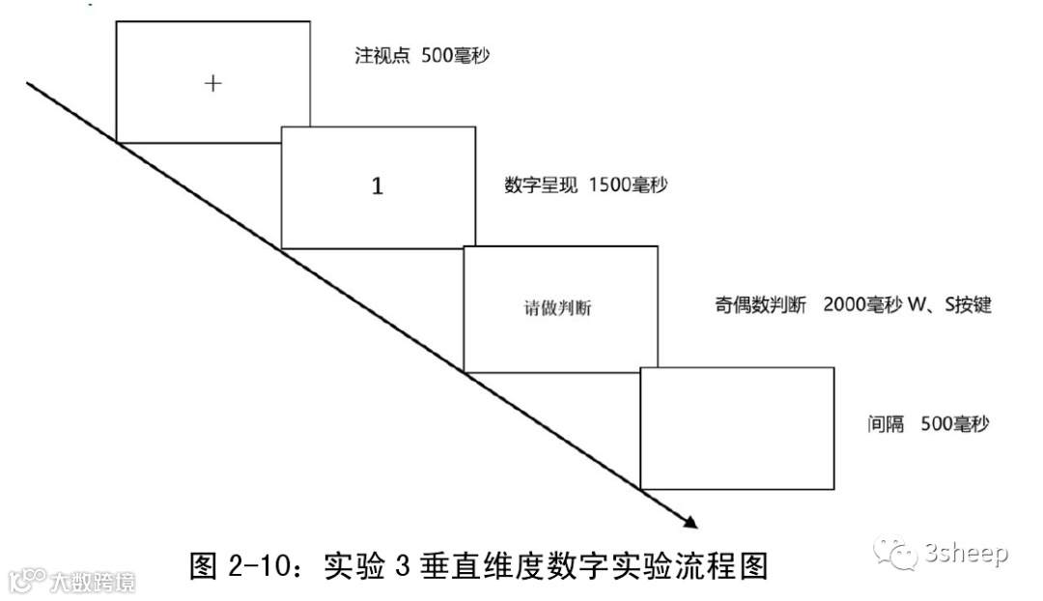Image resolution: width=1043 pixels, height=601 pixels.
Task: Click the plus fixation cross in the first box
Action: [x=213, y=83]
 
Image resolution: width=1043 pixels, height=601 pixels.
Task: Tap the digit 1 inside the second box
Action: [x=378, y=186]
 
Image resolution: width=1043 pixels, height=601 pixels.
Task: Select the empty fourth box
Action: [x=737, y=428]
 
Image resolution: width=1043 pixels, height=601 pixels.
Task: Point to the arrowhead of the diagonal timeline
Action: [x=690, y=522]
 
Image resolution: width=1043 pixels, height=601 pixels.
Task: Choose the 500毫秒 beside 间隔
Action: [x=954, y=424]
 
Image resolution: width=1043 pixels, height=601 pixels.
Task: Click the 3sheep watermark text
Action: [x=966, y=554]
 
